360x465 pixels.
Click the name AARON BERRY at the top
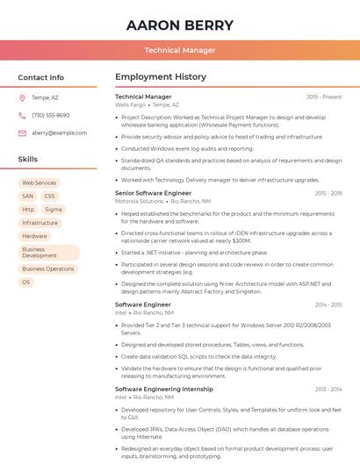180,25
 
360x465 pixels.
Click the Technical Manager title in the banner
180,50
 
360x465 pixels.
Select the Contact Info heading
41,77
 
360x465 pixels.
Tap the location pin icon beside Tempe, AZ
22,97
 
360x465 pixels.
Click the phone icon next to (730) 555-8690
22,115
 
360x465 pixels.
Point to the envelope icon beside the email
22,132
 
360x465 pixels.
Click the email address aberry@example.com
60,132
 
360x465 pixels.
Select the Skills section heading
28,160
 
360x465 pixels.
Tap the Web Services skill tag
39,183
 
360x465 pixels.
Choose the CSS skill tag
49,197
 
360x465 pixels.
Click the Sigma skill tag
54,210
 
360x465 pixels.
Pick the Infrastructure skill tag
40,223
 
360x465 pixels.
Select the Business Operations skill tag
48,269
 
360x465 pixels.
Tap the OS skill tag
26,283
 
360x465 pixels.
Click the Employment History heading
160,77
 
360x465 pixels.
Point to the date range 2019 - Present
324,97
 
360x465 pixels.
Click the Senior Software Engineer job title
153,193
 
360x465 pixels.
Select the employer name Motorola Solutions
139,201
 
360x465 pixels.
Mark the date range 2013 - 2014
328,389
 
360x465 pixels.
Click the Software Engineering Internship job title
163,389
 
